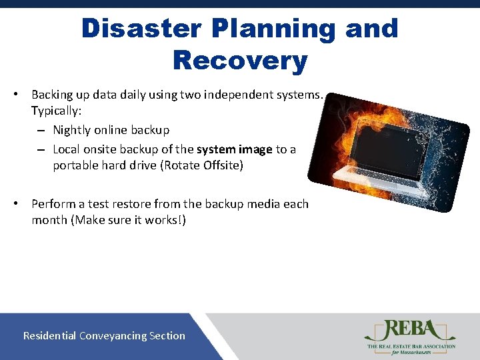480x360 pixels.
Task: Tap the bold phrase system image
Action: [234, 149]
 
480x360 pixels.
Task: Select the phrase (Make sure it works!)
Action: [128, 220]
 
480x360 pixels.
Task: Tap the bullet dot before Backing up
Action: [23, 95]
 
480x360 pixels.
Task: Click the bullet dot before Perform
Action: [23, 204]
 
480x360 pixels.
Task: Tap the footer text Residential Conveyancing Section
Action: [104, 335]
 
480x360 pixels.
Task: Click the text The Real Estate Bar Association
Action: [411, 346]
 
